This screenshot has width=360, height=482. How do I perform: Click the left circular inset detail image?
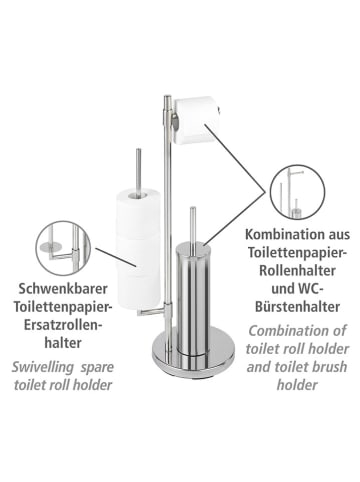coord(61,246)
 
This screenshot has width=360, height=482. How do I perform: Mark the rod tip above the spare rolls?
coord(137,152)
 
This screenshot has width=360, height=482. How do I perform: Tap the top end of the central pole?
coord(166,97)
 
